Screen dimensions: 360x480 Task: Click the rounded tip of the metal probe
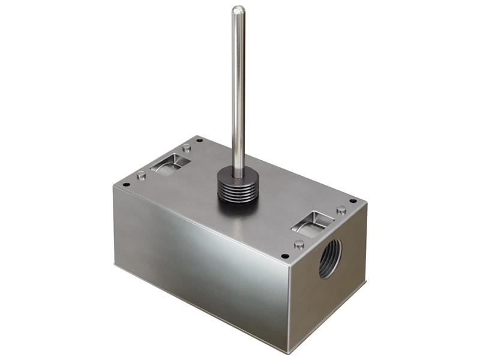point(238,10)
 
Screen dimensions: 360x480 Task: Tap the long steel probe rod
point(238,90)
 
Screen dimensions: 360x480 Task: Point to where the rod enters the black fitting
point(238,174)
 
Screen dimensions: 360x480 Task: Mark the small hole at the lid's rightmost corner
point(353,201)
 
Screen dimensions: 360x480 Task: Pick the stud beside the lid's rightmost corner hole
point(341,210)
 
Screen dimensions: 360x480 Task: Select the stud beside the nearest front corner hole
point(299,244)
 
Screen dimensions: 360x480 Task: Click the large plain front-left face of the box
point(198,264)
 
